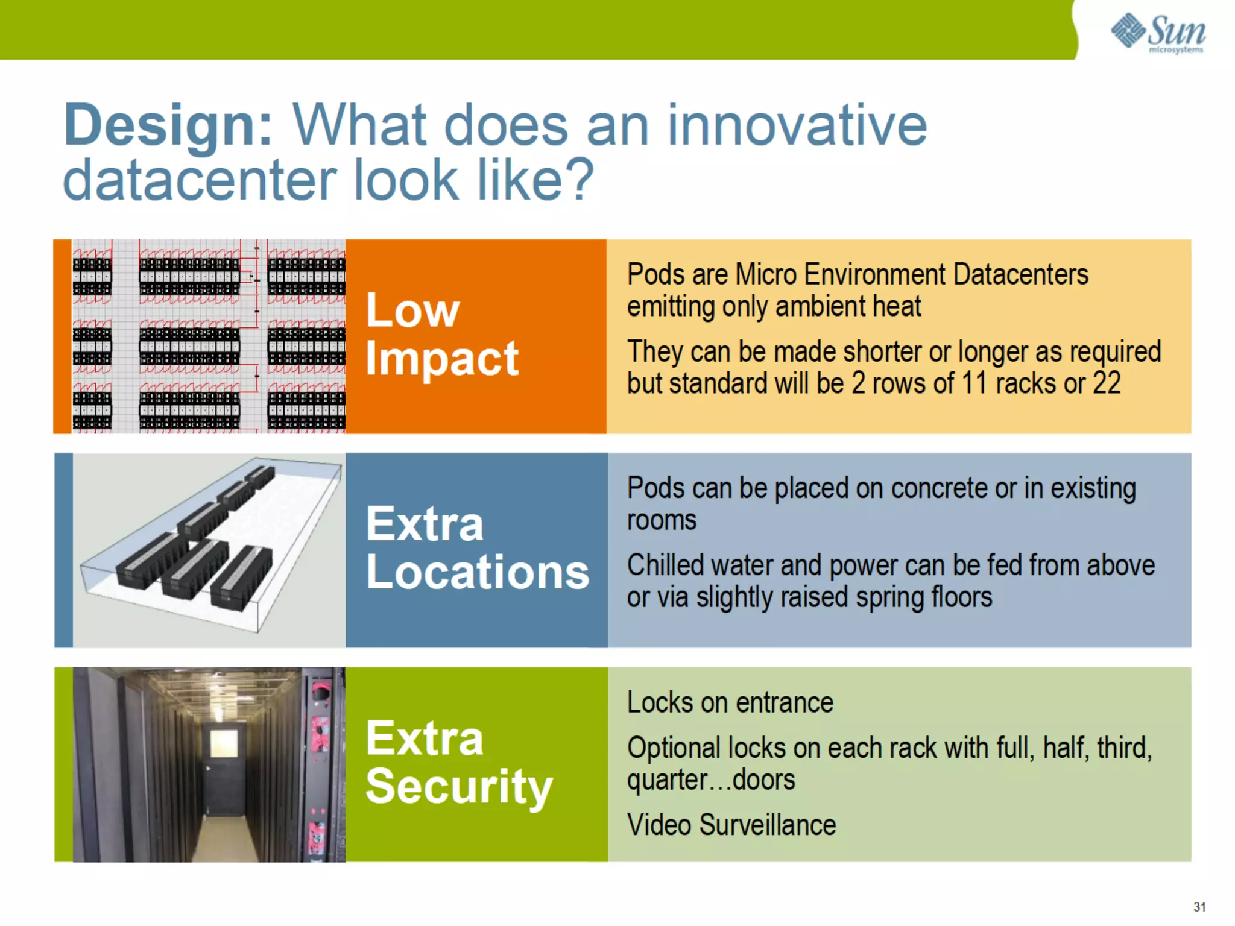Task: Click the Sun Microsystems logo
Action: pyautogui.click(x=1158, y=33)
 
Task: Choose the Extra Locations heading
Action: pyautogui.click(x=476, y=549)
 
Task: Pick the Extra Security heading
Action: pyautogui.click(x=458, y=763)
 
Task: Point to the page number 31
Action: pyautogui.click(x=1199, y=907)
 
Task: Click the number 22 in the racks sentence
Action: pyautogui.click(x=1107, y=383)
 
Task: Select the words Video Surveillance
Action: pyautogui.click(x=731, y=825)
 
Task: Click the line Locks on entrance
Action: pyautogui.click(x=730, y=703)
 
